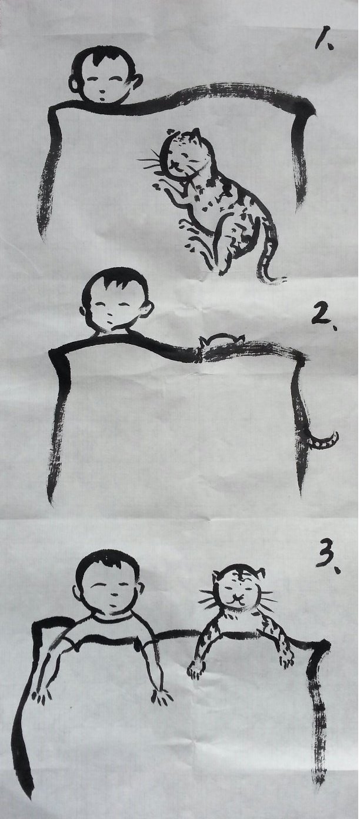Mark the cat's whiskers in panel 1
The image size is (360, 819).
point(150,163)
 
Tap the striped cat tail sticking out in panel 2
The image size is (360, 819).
point(324,441)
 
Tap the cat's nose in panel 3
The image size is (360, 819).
point(238,597)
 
